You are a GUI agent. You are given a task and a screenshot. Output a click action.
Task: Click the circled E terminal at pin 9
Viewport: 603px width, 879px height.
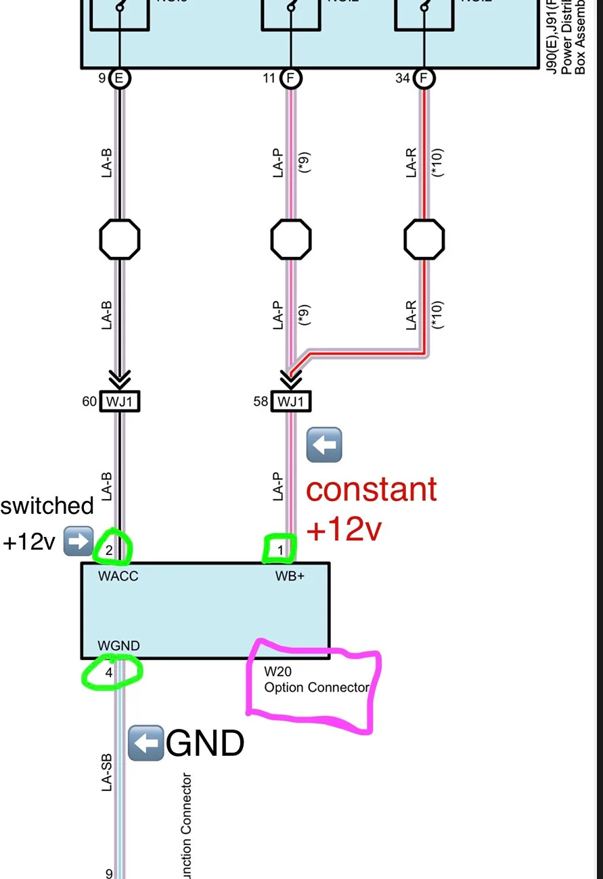(120, 78)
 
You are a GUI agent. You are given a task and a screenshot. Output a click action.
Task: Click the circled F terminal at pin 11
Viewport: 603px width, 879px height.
(291, 78)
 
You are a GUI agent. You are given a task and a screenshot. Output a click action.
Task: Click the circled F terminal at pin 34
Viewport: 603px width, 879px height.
(424, 78)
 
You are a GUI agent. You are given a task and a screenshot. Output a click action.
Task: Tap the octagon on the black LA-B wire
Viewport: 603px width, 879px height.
(120, 239)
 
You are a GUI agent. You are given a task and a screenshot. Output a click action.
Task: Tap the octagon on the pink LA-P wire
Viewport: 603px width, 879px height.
(291, 239)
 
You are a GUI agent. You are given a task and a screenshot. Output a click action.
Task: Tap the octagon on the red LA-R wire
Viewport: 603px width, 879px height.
(424, 239)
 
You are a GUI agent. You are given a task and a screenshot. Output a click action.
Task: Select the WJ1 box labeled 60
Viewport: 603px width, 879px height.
(120, 402)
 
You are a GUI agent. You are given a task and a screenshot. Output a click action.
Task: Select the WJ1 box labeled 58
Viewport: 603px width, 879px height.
(291, 402)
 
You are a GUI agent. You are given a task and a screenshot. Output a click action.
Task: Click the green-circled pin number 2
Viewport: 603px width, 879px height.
(110, 550)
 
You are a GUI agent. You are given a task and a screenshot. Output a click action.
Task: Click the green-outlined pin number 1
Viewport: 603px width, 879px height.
(281, 550)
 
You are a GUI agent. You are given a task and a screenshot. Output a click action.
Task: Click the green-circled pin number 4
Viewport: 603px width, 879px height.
(109, 673)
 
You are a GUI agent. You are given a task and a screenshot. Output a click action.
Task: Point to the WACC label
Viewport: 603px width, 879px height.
(118, 577)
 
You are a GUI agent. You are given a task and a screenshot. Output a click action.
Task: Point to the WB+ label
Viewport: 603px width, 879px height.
(290, 577)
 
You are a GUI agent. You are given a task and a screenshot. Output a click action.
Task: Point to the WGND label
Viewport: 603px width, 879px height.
(118, 646)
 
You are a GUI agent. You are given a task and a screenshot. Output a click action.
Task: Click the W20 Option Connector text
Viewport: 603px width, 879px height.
(316, 681)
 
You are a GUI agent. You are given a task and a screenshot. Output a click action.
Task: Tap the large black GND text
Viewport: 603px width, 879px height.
(205, 744)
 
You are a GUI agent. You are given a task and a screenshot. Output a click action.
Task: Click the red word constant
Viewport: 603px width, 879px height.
(372, 489)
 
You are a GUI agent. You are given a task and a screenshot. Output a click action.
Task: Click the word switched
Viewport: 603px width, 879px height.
(47, 506)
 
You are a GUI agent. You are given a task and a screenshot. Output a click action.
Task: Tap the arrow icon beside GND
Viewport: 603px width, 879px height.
(145, 744)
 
